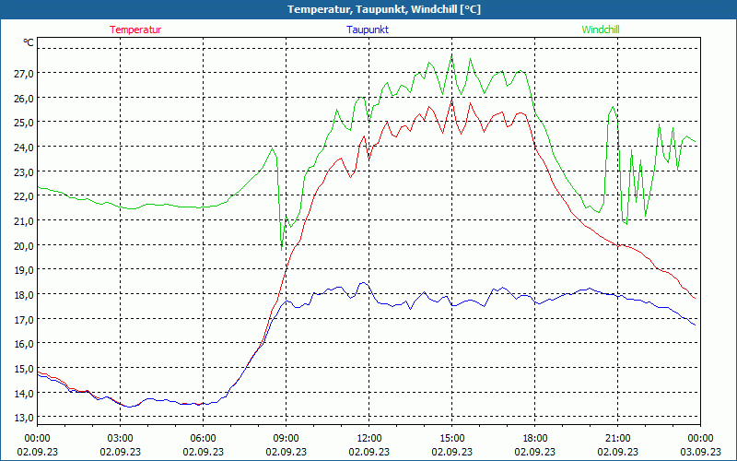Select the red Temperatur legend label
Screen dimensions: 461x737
click(135, 30)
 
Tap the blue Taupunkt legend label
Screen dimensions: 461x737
click(368, 30)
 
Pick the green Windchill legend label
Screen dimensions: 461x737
click(600, 30)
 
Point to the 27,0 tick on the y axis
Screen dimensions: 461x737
click(23, 73)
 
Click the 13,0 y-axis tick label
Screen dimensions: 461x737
click(23, 417)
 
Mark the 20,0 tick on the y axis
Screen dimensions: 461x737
click(23, 245)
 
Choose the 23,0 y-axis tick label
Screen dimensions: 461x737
click(23, 171)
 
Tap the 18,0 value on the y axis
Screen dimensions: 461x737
click(23, 294)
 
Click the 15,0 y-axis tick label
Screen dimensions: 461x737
click(23, 368)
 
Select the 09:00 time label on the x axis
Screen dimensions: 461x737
click(286, 437)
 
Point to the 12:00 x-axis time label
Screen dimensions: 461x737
click(368, 437)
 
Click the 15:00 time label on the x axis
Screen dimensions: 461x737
click(451, 437)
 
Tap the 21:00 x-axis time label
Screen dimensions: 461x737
click(617, 437)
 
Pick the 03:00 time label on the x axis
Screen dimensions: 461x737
click(120, 437)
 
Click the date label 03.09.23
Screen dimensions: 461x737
click(700, 452)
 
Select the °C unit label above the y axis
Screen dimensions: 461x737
click(29, 42)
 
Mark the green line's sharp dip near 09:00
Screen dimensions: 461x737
click(282, 248)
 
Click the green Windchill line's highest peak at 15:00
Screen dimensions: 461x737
click(451, 54)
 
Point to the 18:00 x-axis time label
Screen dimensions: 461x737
click(534, 437)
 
